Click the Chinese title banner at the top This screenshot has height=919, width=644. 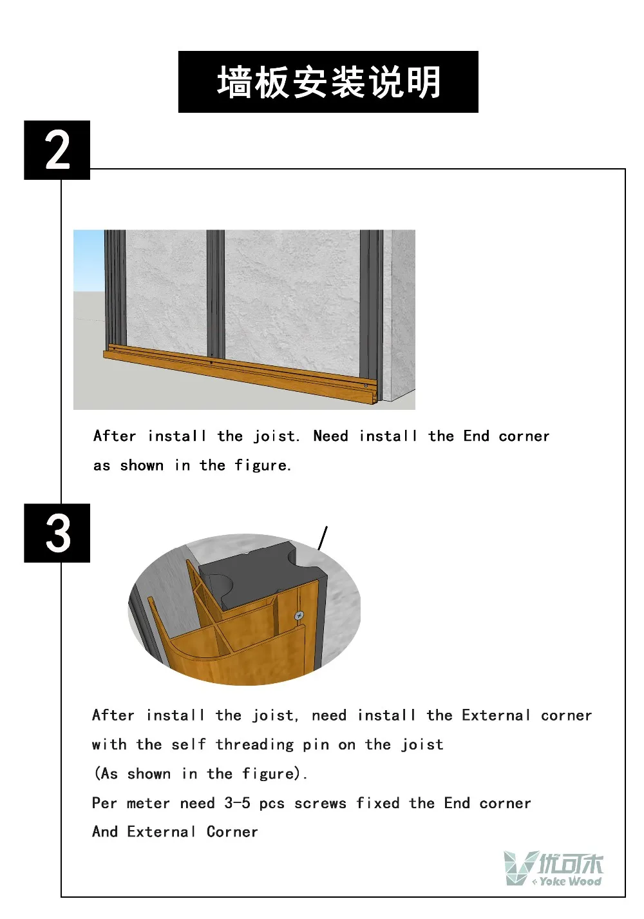tap(328, 82)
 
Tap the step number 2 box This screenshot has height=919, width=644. tap(57, 150)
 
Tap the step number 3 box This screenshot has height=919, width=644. tap(57, 532)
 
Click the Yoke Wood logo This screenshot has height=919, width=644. tap(553, 867)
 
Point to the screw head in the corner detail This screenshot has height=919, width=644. tap(299, 615)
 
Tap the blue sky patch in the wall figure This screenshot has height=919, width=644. tap(88, 260)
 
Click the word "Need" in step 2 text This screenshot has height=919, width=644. tap(330, 436)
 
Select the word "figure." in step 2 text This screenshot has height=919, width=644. tap(263, 466)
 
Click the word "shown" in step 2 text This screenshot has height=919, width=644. tap(142, 465)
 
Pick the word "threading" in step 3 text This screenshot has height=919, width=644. tap(254, 744)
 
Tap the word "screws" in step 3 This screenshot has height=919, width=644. tap(320, 803)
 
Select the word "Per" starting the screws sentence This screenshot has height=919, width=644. tap(104, 802)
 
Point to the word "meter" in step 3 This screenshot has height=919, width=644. tap(148, 803)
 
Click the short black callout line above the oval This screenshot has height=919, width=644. tap(323, 538)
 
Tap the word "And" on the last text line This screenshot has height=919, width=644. tap(105, 831)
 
